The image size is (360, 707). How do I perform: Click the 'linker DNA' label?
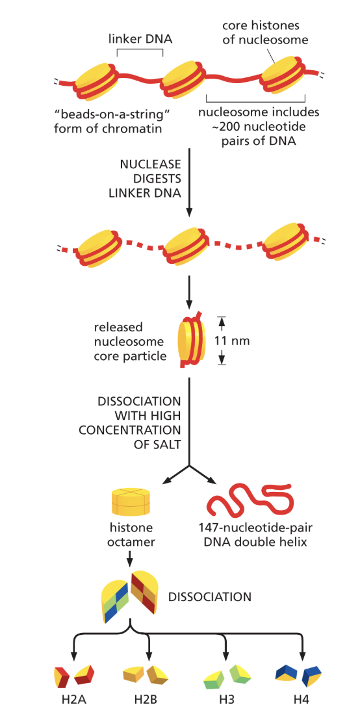coord(140,40)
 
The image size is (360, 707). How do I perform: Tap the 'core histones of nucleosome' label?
coord(264,32)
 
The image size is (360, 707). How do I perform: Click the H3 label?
coord(225,699)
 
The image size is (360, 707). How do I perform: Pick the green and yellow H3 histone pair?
coord(225,676)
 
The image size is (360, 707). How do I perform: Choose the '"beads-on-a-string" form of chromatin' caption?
coord(108,120)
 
